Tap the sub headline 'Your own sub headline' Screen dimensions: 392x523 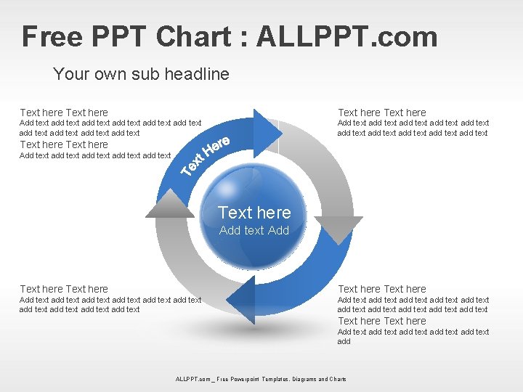141,74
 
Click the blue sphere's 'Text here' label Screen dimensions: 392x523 254,213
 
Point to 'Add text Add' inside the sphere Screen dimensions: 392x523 254,230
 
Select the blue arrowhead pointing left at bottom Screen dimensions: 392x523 244,297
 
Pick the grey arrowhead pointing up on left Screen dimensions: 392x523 170,206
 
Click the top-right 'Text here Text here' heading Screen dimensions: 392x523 382,113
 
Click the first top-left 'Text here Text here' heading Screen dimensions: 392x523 64,113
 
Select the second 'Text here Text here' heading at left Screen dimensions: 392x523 64,144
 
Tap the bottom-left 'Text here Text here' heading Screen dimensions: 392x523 64,289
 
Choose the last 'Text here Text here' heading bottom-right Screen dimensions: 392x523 382,321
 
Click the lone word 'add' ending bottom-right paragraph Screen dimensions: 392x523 344,341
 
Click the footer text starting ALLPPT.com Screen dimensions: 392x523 261,379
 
